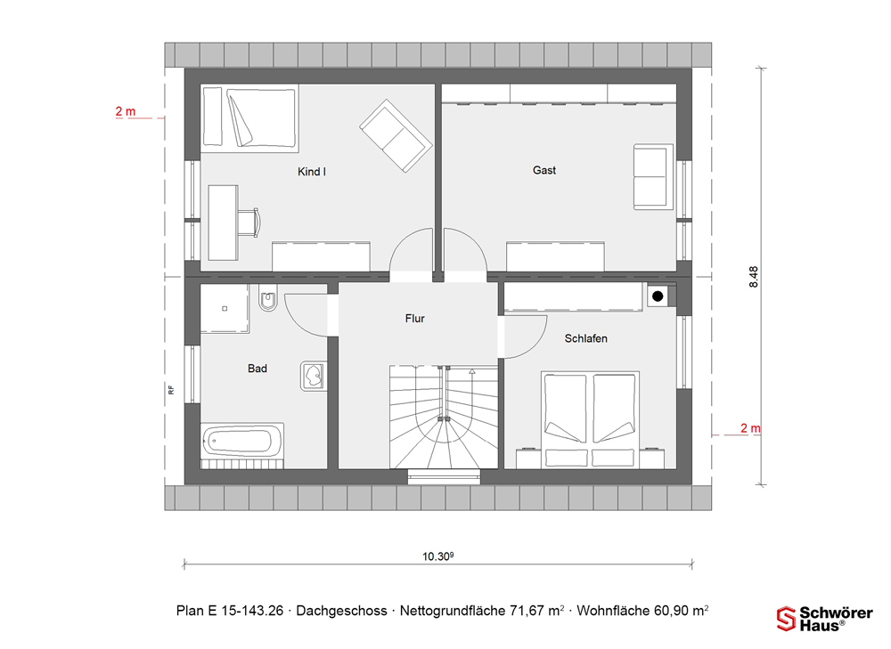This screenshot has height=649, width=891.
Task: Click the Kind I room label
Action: (311, 172)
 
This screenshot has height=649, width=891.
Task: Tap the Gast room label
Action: (544, 170)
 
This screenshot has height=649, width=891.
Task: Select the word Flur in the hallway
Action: (415, 318)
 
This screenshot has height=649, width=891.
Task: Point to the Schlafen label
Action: (586, 338)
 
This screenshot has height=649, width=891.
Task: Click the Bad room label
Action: (257, 369)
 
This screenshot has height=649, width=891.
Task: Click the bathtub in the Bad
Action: (242, 441)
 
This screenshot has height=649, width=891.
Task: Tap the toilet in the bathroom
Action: (267, 298)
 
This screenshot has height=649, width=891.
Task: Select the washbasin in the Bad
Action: (313, 376)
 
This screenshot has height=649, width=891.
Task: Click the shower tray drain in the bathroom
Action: (225, 308)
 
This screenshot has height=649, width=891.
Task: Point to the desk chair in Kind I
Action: (249, 222)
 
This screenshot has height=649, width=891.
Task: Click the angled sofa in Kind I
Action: (396, 135)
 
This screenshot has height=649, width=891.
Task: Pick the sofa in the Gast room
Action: (653, 176)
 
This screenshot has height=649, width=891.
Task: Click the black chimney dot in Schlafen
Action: (658, 296)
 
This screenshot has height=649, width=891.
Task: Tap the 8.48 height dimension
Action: (754, 277)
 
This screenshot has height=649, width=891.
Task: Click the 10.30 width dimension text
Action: (437, 556)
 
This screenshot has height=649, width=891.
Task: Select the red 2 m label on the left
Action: (126, 111)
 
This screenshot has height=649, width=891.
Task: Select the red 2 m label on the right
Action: (750, 428)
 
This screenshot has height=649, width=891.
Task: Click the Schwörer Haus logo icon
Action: (786, 619)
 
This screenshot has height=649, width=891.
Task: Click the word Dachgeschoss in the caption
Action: (341, 611)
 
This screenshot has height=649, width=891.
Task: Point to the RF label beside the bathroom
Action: (170, 390)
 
